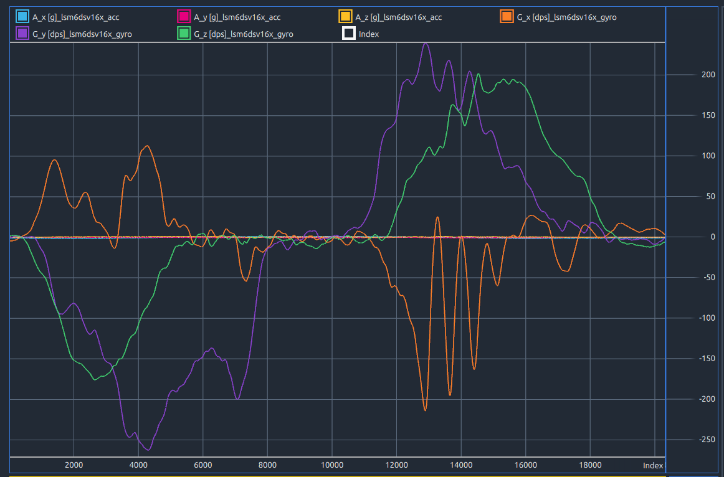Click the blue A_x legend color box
click(22, 17)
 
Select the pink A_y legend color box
click(184, 17)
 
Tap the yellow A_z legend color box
click(345, 17)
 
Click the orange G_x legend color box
click(507, 17)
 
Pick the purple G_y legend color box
click(22, 34)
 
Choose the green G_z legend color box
click(184, 34)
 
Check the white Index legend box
click(349, 34)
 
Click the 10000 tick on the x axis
click(332, 465)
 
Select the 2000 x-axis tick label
click(74, 465)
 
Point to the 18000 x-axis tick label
click(590, 465)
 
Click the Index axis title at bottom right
click(653, 465)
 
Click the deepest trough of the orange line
click(425, 410)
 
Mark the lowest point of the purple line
click(148, 450)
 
